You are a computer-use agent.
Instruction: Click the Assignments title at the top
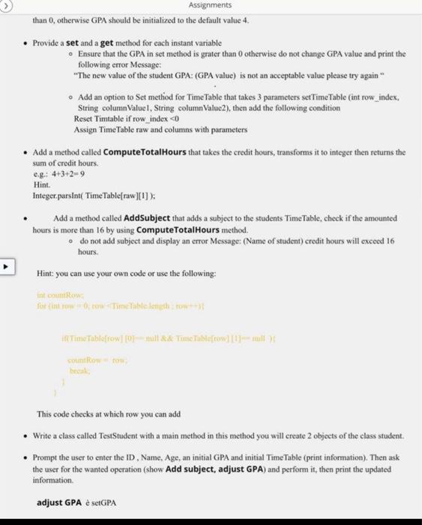[211, 5]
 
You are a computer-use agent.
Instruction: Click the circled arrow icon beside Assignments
[6, 5]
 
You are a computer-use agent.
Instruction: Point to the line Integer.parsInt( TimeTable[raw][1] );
[94, 196]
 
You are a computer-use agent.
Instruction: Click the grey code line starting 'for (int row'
[112, 305]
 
